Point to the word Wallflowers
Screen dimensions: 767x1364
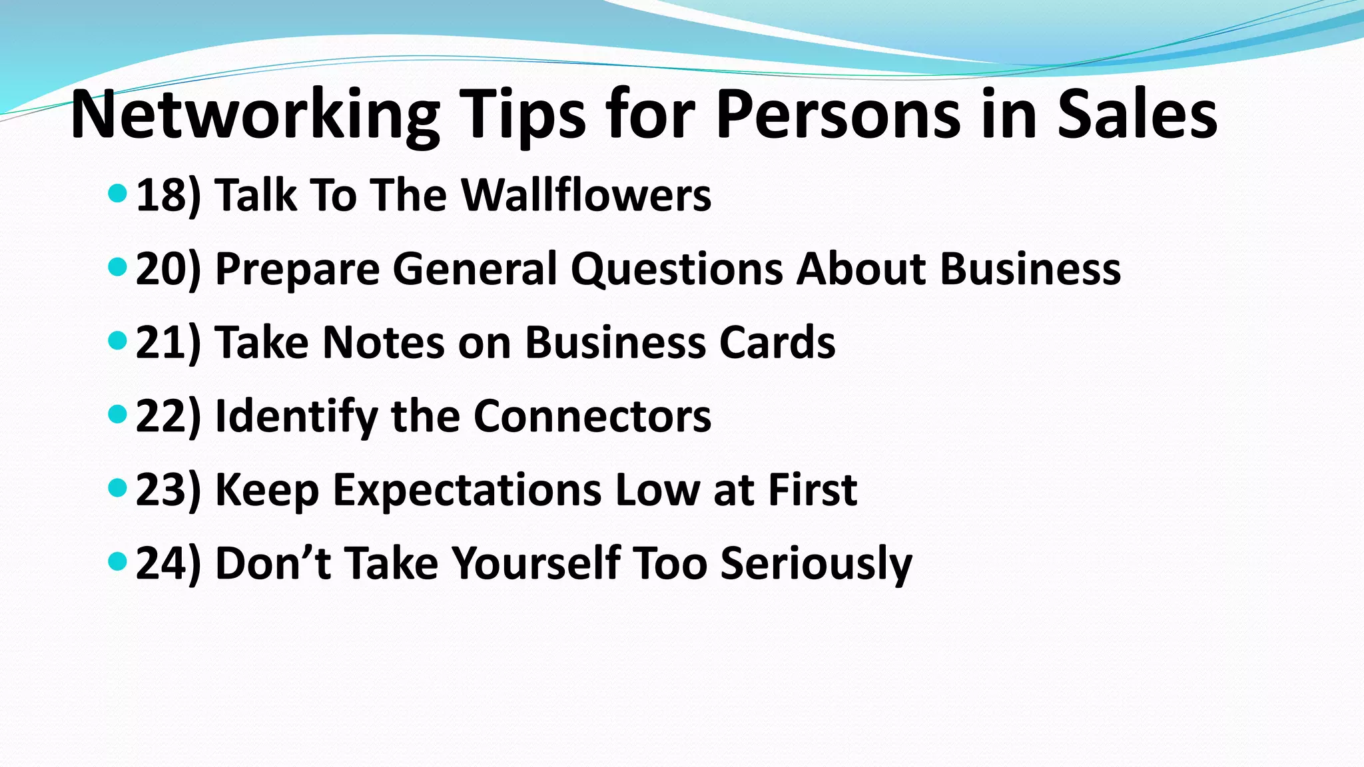(x=586, y=196)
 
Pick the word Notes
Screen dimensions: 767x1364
(x=383, y=343)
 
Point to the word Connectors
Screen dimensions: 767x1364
(x=592, y=417)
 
